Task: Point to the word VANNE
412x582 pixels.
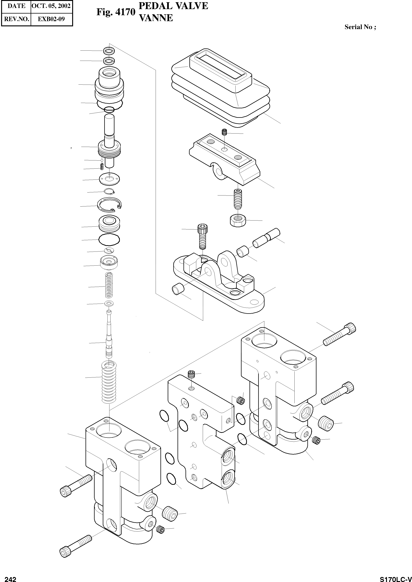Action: (156, 18)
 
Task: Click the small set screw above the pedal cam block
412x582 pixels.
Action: (224, 132)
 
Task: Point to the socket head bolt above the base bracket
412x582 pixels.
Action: (202, 236)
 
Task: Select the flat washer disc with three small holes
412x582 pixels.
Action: (109, 179)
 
